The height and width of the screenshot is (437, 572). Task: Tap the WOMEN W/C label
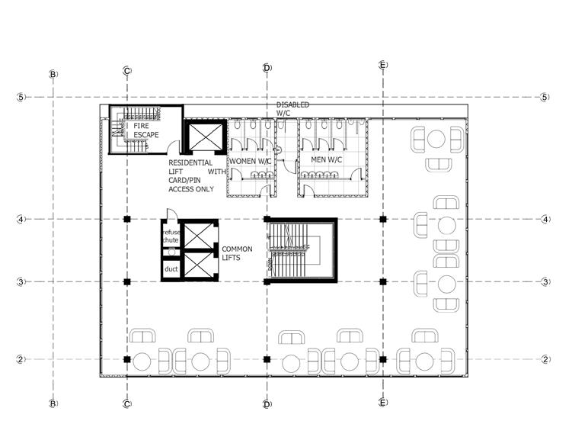click(251, 161)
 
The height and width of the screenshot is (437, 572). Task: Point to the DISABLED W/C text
click(292, 108)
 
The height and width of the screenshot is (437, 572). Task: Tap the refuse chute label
click(170, 236)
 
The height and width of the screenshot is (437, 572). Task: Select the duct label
click(171, 269)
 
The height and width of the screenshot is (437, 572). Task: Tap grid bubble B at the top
click(53, 74)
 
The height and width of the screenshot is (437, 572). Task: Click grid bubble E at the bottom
click(383, 402)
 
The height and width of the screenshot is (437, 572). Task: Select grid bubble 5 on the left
click(21, 98)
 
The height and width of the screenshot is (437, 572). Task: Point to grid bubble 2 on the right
click(545, 358)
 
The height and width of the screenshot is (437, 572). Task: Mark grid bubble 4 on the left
click(21, 220)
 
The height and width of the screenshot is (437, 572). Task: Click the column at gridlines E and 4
click(383, 220)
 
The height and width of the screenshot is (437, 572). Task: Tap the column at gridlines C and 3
click(127, 282)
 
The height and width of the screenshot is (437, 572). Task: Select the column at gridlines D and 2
click(266, 358)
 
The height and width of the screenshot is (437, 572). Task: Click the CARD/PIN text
click(186, 180)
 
